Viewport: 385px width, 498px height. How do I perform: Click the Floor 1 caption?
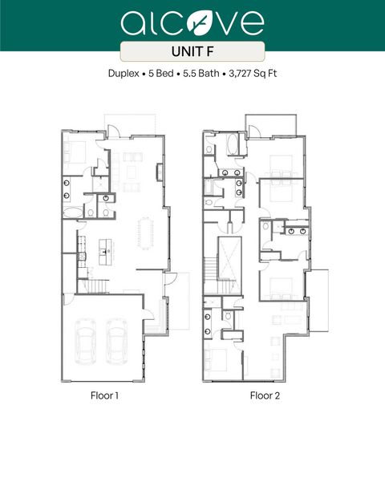105,395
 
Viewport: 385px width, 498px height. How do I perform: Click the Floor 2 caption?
264,395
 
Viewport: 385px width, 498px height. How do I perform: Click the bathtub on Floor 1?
71,212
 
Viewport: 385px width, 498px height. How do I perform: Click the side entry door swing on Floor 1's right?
170,280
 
